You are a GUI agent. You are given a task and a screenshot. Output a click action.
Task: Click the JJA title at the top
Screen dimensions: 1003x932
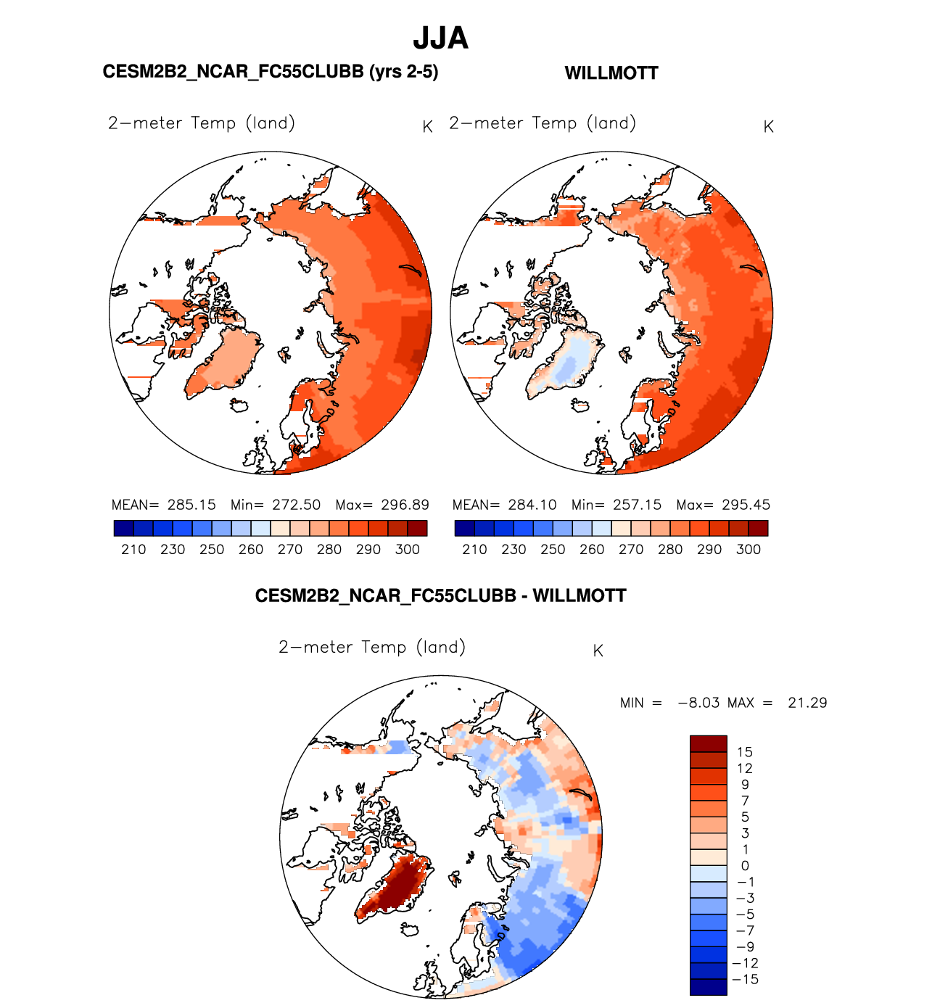point(440,38)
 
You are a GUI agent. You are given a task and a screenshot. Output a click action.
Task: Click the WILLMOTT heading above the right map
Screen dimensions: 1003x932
point(611,73)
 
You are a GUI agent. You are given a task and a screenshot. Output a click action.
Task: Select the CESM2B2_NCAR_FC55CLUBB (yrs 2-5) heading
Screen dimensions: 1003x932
point(270,72)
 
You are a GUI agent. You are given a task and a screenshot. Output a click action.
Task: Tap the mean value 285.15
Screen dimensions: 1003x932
point(191,505)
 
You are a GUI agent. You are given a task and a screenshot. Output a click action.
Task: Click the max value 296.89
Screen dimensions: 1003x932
point(405,505)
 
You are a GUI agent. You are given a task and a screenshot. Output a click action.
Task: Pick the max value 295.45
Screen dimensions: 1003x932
point(746,505)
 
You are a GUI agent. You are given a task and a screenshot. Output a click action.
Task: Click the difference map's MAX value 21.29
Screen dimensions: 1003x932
point(807,703)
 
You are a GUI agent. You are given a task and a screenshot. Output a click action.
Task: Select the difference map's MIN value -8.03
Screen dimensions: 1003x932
point(698,703)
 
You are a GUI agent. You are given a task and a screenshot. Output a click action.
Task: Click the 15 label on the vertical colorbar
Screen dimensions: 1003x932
point(745,752)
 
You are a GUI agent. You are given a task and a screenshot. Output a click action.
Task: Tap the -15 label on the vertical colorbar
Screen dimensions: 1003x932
point(745,980)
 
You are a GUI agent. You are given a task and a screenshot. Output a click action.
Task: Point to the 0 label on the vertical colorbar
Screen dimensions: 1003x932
point(745,866)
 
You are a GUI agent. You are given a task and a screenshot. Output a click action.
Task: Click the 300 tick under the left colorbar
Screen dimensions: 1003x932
point(408,550)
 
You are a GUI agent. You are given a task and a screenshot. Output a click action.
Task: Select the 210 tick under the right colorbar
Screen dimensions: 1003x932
point(474,550)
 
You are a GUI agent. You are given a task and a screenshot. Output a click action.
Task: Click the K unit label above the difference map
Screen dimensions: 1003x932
point(598,651)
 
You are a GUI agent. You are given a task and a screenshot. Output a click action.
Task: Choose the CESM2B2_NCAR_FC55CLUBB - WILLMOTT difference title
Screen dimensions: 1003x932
point(440,596)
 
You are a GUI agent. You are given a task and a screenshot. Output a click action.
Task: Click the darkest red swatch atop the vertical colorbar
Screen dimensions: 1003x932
point(708,743)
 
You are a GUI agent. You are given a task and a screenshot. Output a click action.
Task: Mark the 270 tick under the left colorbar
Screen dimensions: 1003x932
point(290,550)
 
